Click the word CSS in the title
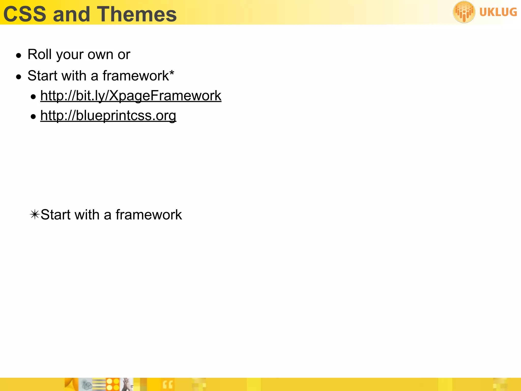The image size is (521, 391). click(25, 14)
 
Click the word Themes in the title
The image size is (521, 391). click(137, 14)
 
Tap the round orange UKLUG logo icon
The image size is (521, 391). click(464, 12)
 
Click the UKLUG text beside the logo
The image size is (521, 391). click(498, 12)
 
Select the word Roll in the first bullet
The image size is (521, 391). click(40, 54)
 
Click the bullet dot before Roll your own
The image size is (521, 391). click(19, 55)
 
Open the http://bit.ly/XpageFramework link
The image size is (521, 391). click(131, 96)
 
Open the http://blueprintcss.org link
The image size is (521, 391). click(108, 116)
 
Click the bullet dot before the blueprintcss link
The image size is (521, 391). click(33, 117)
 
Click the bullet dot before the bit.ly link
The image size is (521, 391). click(33, 97)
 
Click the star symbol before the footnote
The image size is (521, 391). click(35, 214)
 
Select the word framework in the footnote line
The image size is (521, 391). click(149, 214)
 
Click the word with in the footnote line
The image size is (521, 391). click(87, 214)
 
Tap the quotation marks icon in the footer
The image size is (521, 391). click(168, 385)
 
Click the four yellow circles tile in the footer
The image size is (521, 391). click(113, 384)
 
